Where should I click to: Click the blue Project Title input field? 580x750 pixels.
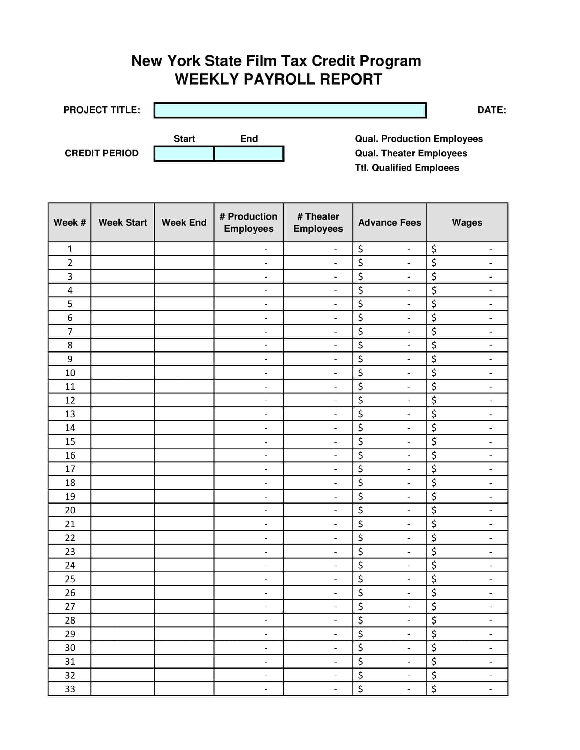coord(290,110)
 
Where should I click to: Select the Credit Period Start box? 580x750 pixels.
coord(184,153)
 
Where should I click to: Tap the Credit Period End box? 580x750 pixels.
coord(249,153)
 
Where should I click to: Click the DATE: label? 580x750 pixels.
coord(491,110)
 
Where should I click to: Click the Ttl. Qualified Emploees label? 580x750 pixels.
coord(406,168)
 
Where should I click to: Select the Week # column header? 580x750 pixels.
coord(69,223)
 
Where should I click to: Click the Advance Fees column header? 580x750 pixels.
coord(389,223)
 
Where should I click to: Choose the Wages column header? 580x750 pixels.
coord(467,223)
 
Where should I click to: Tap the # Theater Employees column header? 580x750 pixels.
coord(318,223)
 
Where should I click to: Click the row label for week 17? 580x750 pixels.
coord(70,469)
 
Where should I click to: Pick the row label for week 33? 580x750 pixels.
coord(70,689)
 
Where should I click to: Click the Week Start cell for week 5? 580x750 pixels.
coord(122,304)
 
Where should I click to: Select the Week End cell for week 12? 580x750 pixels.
coord(184,400)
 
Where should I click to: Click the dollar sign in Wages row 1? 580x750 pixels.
coord(434,249)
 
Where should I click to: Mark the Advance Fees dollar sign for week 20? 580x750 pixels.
coord(360,510)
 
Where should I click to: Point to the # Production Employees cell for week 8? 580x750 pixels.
coord(248,345)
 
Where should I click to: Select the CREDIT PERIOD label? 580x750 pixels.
coord(101,153)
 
